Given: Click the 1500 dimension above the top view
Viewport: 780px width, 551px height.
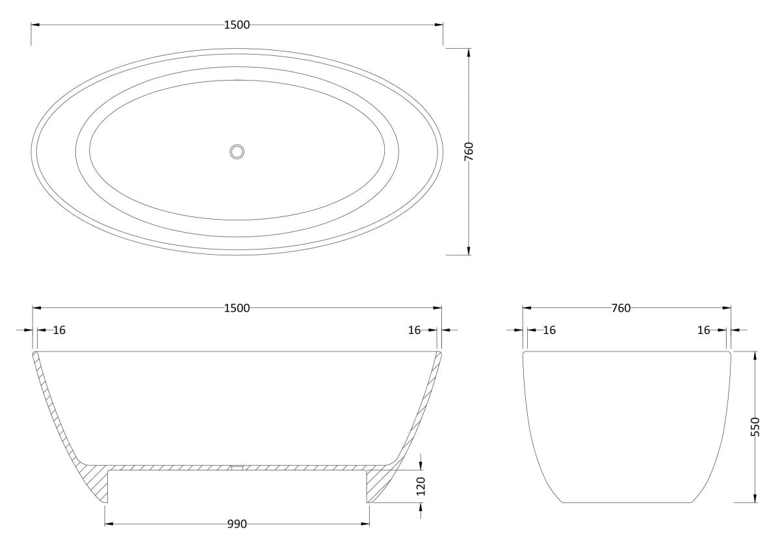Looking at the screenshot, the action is [x=237, y=25].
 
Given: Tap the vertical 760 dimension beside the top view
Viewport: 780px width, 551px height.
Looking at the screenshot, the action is [x=469, y=151].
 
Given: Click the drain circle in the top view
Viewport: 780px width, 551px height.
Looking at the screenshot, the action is [x=237, y=152].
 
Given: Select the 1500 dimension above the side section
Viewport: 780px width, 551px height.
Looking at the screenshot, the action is [x=237, y=308].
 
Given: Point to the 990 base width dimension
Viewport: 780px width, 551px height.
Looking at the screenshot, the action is [x=237, y=524].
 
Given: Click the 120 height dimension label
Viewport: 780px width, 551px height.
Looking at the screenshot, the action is [x=421, y=486].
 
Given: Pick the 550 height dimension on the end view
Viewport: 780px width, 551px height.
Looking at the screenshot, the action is [x=755, y=426].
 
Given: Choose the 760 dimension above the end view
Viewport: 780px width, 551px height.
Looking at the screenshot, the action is [x=621, y=308].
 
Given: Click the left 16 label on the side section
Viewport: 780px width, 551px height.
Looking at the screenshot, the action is [x=59, y=330].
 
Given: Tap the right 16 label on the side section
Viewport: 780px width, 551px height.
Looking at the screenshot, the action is [x=415, y=330].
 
